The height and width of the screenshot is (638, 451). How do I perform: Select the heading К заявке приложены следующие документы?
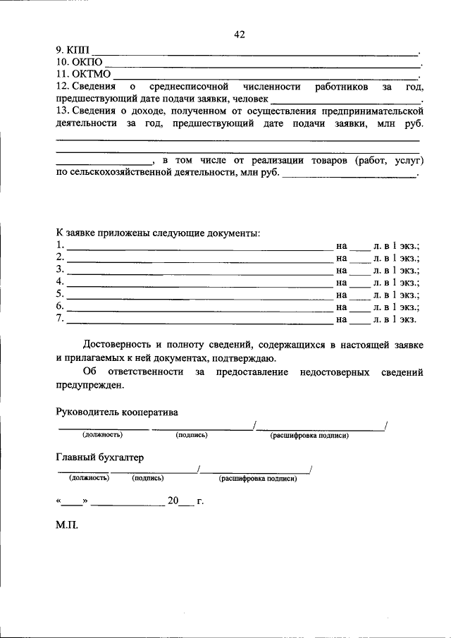coord(158,233)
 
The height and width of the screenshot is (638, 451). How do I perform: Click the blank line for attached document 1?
coord(199,248)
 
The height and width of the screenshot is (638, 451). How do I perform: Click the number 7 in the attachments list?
coord(60,319)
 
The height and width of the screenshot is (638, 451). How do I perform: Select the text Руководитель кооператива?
coord(117,412)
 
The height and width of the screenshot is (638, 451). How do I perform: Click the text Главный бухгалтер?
coord(99,457)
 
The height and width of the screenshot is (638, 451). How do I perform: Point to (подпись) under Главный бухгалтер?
coord(148,479)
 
